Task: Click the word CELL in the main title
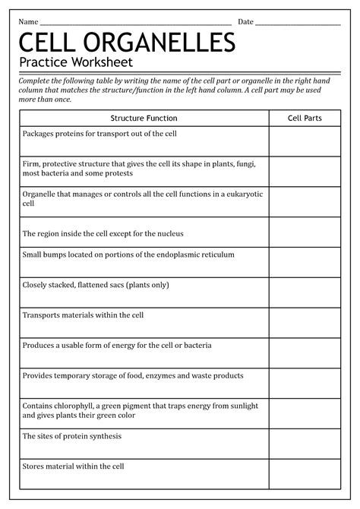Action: click(x=47, y=43)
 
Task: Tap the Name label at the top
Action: click(x=28, y=21)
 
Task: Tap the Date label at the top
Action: click(x=246, y=21)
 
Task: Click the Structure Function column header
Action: click(x=144, y=119)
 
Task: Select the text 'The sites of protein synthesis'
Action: click(x=71, y=437)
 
